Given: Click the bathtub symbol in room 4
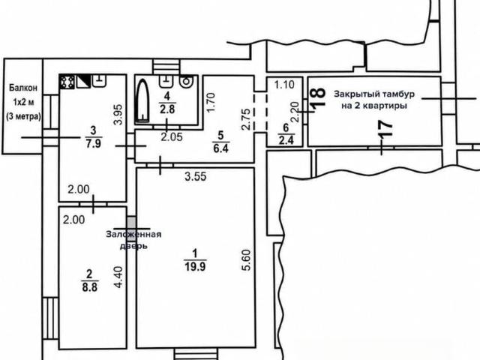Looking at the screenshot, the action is [142, 100].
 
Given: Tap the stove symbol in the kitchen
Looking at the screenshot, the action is [67, 82].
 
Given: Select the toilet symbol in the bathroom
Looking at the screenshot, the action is [186, 82].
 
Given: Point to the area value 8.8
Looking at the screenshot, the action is [90, 287].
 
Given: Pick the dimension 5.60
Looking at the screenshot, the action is [246, 260].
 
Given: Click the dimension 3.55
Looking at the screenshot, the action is [196, 176].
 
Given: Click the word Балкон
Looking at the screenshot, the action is [23, 88].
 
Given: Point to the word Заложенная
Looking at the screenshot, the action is [133, 235].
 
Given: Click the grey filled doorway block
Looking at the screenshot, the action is [131, 223].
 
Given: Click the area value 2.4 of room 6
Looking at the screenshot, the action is [286, 140].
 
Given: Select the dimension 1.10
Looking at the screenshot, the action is [284, 84].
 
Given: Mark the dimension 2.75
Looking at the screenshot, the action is [246, 119].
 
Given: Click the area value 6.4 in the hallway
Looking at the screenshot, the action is [220, 148].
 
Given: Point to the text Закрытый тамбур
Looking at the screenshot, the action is [374, 94].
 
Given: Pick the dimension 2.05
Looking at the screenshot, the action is [172, 136].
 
